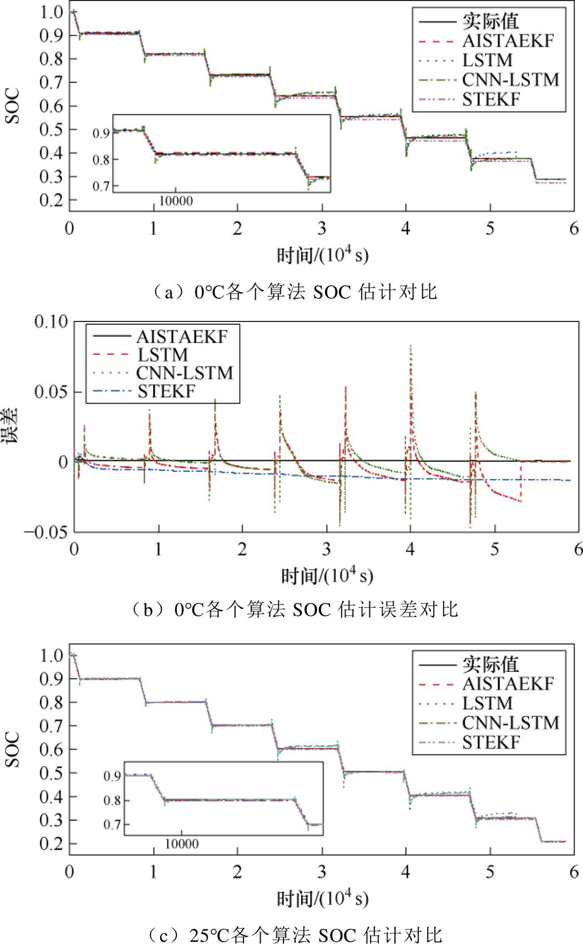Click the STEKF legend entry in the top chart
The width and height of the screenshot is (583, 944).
click(x=491, y=100)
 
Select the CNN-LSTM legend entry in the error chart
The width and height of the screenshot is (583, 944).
click(x=184, y=373)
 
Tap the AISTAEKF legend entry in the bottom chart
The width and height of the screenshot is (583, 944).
click(x=508, y=684)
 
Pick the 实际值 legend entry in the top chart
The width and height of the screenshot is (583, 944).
click(x=490, y=22)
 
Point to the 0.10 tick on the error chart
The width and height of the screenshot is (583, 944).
click(x=51, y=322)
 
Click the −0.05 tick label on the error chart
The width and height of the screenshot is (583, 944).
click(x=46, y=532)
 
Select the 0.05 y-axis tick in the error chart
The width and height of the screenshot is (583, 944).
click(x=51, y=392)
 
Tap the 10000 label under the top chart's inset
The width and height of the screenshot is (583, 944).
click(x=176, y=201)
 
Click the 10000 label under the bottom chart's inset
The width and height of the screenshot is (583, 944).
click(x=181, y=844)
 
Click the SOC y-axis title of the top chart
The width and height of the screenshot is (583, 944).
click(x=12, y=106)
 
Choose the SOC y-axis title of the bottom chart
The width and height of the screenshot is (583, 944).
click(x=12, y=749)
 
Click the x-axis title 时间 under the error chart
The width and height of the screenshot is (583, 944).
click(x=327, y=576)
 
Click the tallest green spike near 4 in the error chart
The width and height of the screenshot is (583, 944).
click(x=410, y=347)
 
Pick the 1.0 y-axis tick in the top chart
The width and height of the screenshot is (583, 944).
click(x=51, y=12)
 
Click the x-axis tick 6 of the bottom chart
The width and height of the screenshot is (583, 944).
click(x=574, y=871)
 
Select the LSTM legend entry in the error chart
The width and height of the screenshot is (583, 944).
click(x=163, y=355)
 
